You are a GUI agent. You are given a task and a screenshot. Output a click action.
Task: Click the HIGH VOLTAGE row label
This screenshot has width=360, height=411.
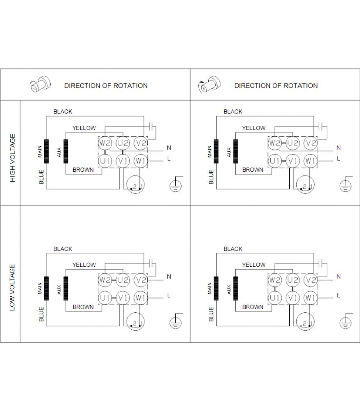pos(13,158)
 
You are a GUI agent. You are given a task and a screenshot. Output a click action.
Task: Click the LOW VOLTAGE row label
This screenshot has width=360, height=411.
pos(12,287)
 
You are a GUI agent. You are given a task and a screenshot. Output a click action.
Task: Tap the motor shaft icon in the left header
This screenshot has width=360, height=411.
pos(40,84)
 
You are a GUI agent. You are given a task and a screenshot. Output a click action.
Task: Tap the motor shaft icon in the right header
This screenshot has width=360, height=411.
pos(209,84)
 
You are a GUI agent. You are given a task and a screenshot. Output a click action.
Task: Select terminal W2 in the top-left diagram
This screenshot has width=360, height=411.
pos(105,143)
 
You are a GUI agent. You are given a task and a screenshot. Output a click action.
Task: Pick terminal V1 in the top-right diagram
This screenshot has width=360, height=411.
pos(293,161)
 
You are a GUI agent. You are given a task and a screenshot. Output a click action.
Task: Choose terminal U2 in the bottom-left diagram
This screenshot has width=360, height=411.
pos(123,280)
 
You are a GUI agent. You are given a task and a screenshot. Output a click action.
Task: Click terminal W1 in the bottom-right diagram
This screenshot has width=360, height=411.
pos(310,298)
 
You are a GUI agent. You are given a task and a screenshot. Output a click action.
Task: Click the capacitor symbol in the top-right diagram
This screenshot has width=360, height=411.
pos(321,126)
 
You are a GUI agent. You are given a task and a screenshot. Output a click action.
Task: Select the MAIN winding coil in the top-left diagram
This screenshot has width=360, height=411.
pos(46,151)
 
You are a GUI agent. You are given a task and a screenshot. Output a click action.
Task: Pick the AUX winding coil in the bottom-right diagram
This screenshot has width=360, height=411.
pos(236,289)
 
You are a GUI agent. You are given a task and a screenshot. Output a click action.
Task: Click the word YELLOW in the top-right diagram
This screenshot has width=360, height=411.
pos(254,128)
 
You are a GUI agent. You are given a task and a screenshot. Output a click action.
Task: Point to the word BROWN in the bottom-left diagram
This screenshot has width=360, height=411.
pos(83,307)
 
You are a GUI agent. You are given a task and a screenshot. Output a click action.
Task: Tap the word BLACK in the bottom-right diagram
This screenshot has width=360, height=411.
pos(233,249)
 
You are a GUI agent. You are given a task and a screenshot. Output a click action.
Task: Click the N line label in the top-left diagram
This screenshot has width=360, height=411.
pos(169,148)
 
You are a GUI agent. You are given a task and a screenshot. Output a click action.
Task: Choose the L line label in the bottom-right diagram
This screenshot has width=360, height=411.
pos(339,296)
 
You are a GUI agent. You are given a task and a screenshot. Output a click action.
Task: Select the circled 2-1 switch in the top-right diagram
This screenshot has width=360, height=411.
pos(305,185)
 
